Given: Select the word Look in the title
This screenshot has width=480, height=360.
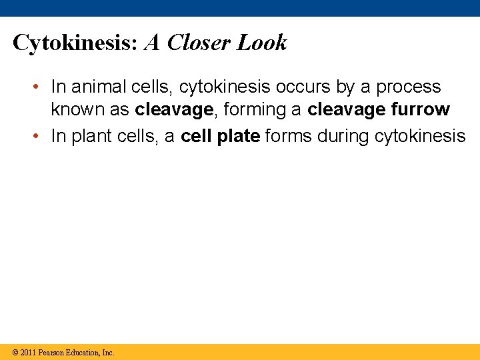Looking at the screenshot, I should click(x=262, y=43).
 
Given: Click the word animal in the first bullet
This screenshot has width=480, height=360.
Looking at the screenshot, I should click(x=96, y=87).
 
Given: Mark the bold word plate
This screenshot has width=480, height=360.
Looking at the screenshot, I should click(x=239, y=137).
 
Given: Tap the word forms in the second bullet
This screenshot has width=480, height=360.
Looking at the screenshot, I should click(x=289, y=137).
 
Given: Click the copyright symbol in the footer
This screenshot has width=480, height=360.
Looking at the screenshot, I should click(x=15, y=352).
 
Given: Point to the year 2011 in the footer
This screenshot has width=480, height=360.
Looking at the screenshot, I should click(x=28, y=352).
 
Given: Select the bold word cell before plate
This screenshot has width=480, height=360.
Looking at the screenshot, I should click(x=197, y=137).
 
